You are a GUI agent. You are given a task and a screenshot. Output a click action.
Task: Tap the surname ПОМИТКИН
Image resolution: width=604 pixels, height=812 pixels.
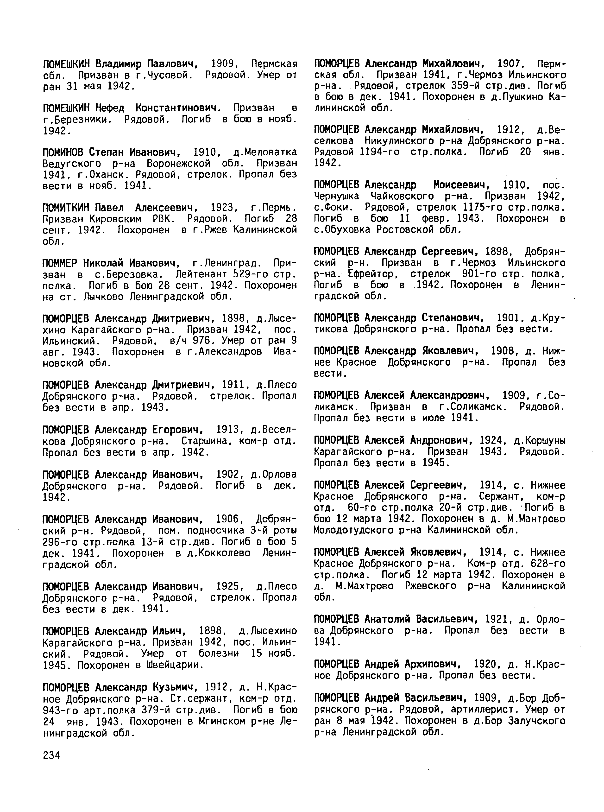coord(66,208)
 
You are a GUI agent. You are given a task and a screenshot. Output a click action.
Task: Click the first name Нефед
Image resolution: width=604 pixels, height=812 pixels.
coord(110,108)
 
